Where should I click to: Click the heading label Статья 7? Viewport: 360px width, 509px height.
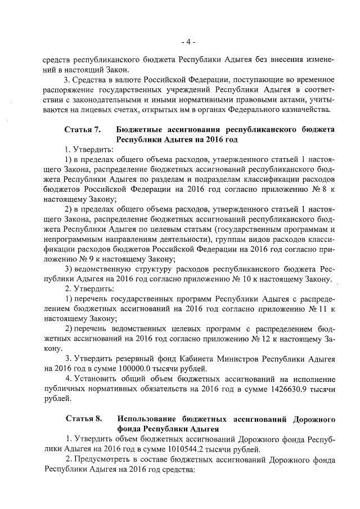pos(83,129)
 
